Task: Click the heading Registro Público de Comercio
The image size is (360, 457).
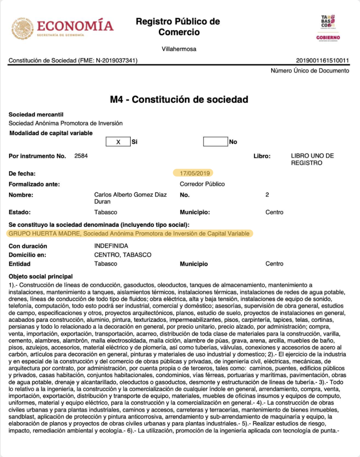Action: click(x=178, y=27)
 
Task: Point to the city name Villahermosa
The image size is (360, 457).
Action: click(x=179, y=49)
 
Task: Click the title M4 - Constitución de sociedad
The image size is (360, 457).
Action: click(x=179, y=99)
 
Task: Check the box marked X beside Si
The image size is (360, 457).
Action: click(x=118, y=142)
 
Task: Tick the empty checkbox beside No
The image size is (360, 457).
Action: click(x=215, y=142)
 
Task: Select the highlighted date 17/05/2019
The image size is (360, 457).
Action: click(x=194, y=173)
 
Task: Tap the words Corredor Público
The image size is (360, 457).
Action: click(x=202, y=184)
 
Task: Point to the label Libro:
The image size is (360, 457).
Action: click(x=262, y=156)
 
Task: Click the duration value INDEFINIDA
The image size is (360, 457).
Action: click(x=111, y=246)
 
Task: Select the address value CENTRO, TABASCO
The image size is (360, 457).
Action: click(x=123, y=255)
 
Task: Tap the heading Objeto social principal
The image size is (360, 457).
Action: click(x=41, y=277)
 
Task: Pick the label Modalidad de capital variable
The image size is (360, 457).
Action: click(x=51, y=133)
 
